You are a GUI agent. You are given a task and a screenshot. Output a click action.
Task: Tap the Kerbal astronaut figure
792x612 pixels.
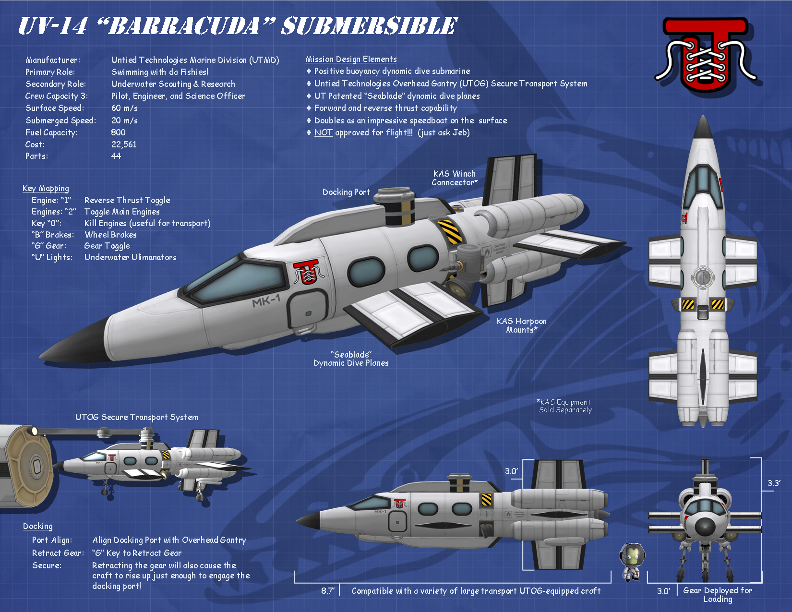click(x=632, y=562)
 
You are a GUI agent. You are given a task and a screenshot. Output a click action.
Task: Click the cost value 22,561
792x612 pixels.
click(x=124, y=144)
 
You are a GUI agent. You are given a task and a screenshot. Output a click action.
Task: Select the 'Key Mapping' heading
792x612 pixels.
click(x=46, y=188)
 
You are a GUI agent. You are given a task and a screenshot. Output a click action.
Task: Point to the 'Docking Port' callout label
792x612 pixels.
click(x=346, y=192)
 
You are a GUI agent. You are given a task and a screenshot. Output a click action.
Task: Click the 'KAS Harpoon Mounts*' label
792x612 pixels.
click(x=521, y=325)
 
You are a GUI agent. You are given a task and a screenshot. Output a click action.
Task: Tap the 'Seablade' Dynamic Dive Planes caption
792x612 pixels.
click(x=351, y=359)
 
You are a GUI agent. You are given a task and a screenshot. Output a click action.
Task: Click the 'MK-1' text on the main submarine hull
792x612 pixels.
click(x=266, y=301)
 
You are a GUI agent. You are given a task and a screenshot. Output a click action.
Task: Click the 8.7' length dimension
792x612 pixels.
click(x=327, y=591)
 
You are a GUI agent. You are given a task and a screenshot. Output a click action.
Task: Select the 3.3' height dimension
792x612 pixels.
click(x=773, y=483)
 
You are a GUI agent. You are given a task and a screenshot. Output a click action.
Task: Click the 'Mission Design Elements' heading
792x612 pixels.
click(x=351, y=59)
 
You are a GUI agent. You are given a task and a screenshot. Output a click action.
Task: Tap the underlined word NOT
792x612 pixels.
click(x=323, y=132)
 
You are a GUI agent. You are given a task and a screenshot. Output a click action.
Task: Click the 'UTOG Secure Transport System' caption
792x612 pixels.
click(x=136, y=417)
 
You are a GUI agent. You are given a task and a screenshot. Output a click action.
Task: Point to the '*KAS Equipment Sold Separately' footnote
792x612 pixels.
click(x=564, y=406)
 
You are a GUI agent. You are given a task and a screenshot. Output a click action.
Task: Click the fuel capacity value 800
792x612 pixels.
click(x=118, y=132)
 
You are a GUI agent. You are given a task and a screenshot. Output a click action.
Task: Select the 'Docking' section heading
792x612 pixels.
click(x=38, y=526)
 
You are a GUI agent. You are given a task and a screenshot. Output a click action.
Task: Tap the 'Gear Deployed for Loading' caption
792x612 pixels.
click(x=718, y=594)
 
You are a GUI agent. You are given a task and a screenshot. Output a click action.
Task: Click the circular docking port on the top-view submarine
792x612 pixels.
click(x=703, y=277)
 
